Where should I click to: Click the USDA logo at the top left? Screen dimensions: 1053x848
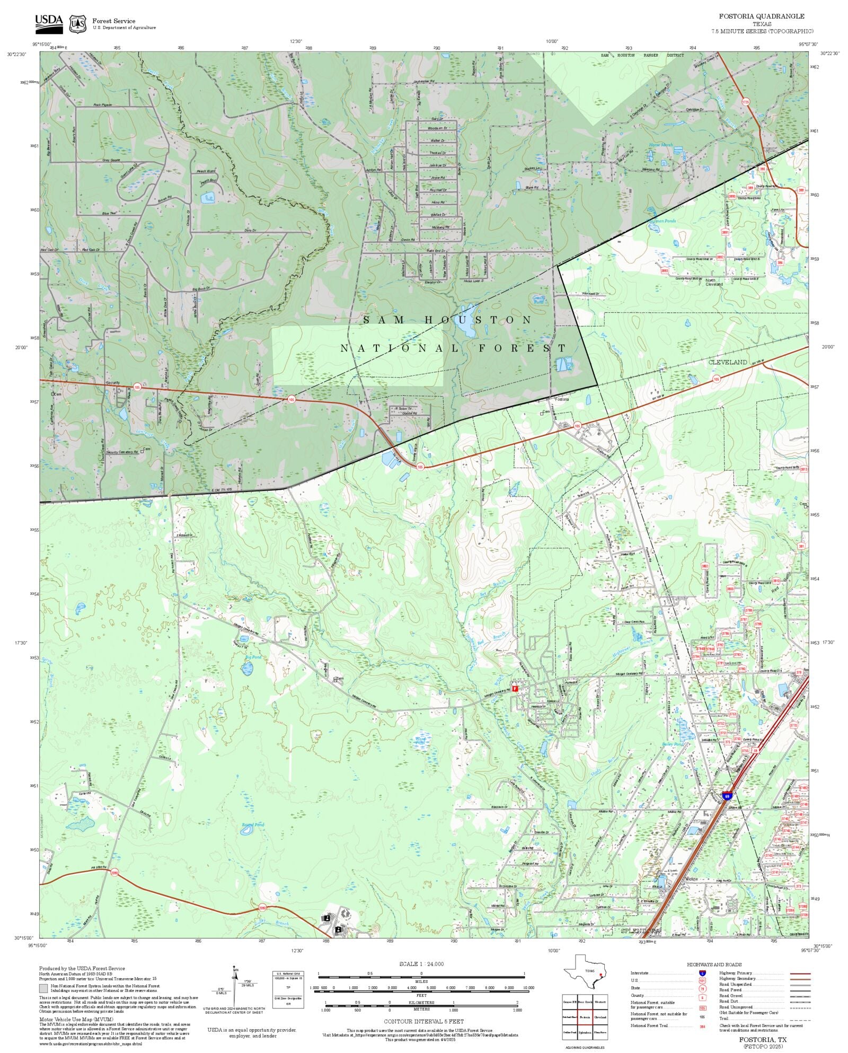coord(49,24)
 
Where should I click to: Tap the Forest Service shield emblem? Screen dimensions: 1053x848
coord(78,24)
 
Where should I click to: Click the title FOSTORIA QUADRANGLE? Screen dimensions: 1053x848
coord(761,16)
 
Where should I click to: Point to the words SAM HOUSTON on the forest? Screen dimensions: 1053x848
coord(448,320)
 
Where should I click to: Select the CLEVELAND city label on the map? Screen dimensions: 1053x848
coord(728,362)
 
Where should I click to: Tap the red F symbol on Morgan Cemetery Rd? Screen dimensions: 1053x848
coord(515,688)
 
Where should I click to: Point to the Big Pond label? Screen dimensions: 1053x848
coord(253,657)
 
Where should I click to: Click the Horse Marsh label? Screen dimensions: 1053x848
coord(660,145)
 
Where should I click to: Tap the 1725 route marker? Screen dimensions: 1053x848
coord(746,102)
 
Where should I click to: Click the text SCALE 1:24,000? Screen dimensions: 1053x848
coord(421,964)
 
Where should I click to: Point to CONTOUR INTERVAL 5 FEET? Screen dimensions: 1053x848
coord(423,1021)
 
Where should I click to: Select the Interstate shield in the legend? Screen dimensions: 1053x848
coord(702,973)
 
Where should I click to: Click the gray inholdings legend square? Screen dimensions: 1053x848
coord(43,988)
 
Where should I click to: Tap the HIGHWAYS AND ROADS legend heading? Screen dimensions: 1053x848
coord(714,964)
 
